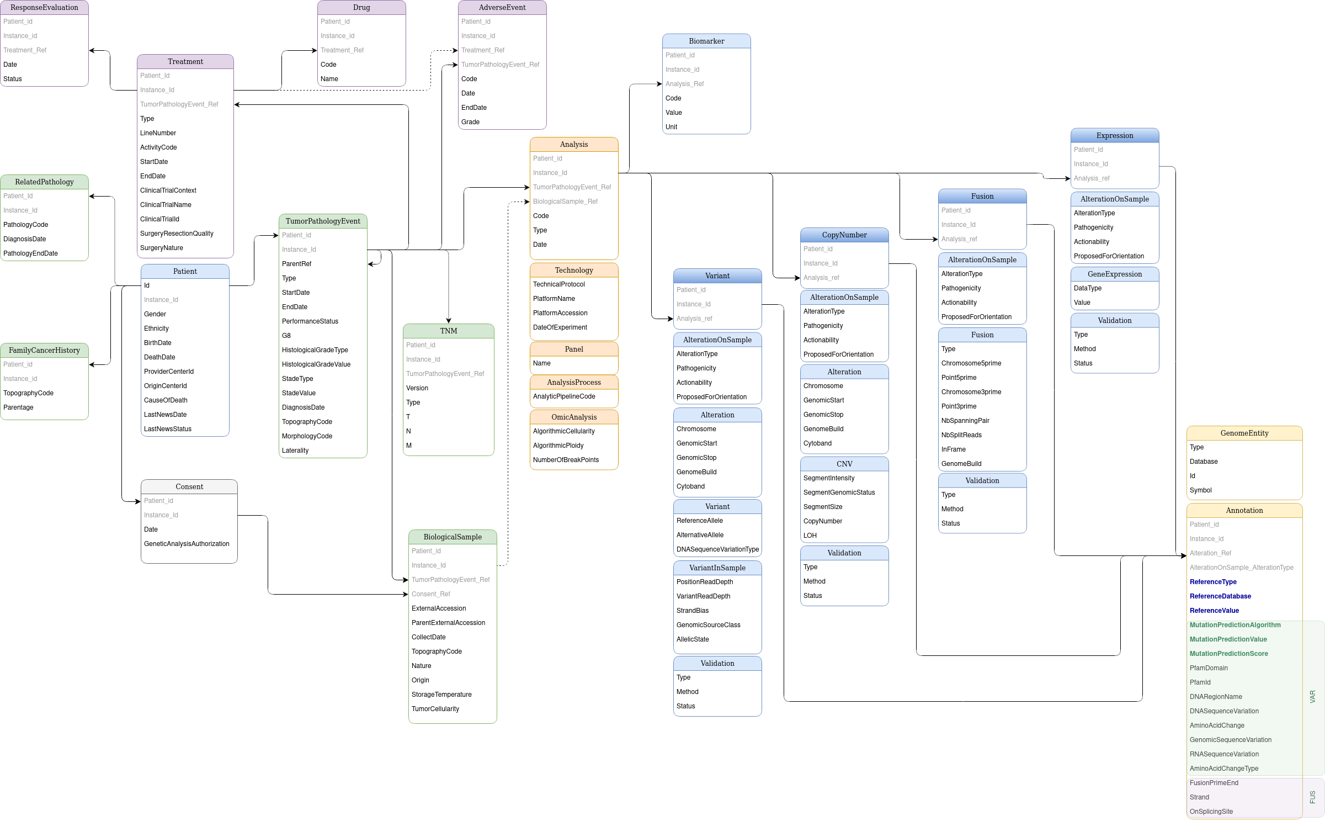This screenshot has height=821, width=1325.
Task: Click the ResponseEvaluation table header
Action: tap(44, 8)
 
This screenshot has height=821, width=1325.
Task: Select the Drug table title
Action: tap(361, 8)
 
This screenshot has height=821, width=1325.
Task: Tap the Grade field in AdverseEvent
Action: tap(470, 122)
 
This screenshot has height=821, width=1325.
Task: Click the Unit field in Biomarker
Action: tap(671, 127)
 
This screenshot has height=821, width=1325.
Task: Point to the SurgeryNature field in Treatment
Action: tap(161, 248)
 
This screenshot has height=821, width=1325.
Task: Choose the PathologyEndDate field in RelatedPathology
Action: tap(30, 253)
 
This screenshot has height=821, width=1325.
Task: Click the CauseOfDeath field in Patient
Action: tap(166, 400)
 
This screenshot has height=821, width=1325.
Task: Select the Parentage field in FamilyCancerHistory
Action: tap(18, 407)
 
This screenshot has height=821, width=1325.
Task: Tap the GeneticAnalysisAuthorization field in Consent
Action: tap(187, 544)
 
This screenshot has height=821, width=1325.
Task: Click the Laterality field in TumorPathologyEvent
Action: tap(295, 451)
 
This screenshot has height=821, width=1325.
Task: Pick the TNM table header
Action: tap(448, 331)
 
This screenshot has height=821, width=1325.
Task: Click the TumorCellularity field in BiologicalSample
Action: tap(435, 709)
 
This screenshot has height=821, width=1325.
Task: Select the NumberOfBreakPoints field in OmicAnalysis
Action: tap(566, 460)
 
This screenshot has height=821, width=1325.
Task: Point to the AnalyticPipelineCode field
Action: tap(564, 396)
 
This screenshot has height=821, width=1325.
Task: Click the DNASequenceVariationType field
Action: tap(717, 549)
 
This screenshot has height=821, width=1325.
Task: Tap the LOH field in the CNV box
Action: tap(810, 536)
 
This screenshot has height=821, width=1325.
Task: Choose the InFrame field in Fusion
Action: tap(953, 449)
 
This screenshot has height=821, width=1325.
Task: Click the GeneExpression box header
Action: tap(1114, 274)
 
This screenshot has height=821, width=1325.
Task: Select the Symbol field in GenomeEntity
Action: tap(1200, 490)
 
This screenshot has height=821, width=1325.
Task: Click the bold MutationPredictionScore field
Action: tap(1228, 654)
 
